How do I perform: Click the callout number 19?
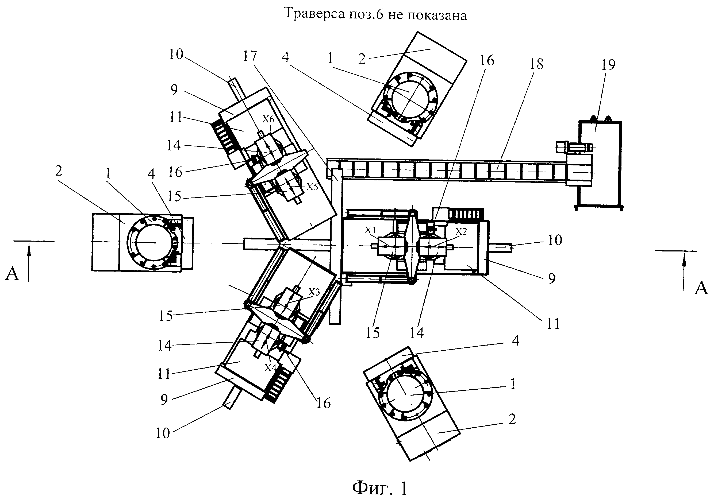pos(608,65)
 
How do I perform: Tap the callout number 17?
pos(250,56)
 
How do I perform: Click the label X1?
pos(370,230)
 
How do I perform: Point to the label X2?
pos(462,231)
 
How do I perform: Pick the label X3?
pos(314,292)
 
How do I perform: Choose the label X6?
pos(268,119)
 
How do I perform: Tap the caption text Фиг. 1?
pos(380,488)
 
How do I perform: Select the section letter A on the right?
pos(701,288)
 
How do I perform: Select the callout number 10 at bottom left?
pos(163,433)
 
